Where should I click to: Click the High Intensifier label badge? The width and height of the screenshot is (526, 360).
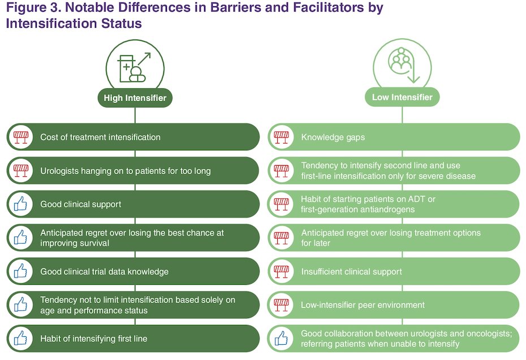135,98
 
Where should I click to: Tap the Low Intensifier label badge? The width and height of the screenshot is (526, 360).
402,97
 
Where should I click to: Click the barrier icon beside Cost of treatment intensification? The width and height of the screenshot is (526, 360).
20,137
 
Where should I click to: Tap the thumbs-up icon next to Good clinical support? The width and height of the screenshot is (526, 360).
20,204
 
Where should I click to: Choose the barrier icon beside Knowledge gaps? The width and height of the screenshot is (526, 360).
281,137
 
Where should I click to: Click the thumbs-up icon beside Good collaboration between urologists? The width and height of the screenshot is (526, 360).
281,338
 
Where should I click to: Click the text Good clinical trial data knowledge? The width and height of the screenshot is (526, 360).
104,271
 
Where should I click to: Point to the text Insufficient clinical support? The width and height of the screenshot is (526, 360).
351,271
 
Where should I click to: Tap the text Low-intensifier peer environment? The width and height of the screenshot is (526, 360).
363,305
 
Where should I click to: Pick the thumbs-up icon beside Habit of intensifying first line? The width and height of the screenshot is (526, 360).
20,338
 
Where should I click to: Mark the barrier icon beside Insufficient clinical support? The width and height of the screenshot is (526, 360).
281,271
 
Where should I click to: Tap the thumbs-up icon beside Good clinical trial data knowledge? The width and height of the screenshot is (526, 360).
20,271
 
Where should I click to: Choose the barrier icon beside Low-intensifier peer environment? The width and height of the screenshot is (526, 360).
281,305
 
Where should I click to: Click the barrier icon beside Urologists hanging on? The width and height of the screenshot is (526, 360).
20,171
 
